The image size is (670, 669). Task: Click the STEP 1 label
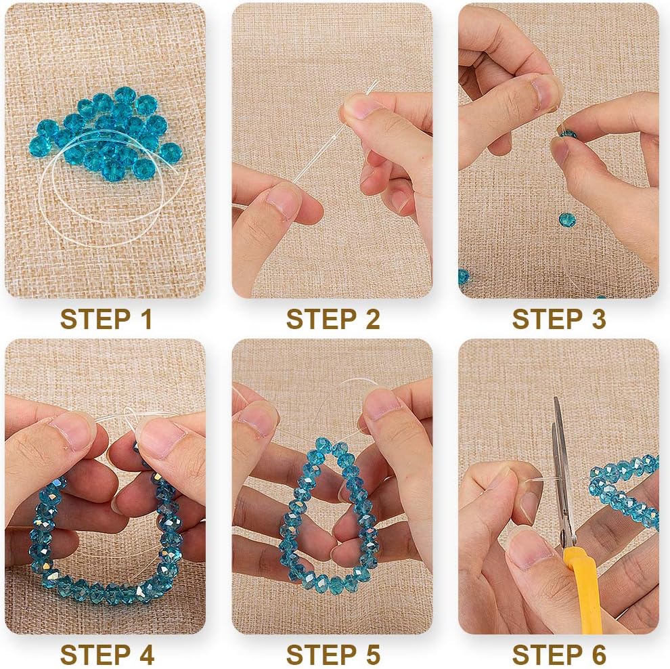coord(106,319)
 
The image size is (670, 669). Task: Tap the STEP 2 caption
coord(333,319)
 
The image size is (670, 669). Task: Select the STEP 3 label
coord(559,319)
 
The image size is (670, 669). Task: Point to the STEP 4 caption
coord(107,655)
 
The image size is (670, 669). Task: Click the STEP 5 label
coord(333,655)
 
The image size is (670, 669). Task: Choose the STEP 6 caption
coord(559,655)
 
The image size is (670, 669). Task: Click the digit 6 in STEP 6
coord(598,655)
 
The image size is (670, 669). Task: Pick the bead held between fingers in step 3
coord(567,134)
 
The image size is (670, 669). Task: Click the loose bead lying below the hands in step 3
coord(567,220)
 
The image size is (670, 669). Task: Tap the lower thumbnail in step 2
coord(280,203)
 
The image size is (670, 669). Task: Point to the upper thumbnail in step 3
coord(543,93)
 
